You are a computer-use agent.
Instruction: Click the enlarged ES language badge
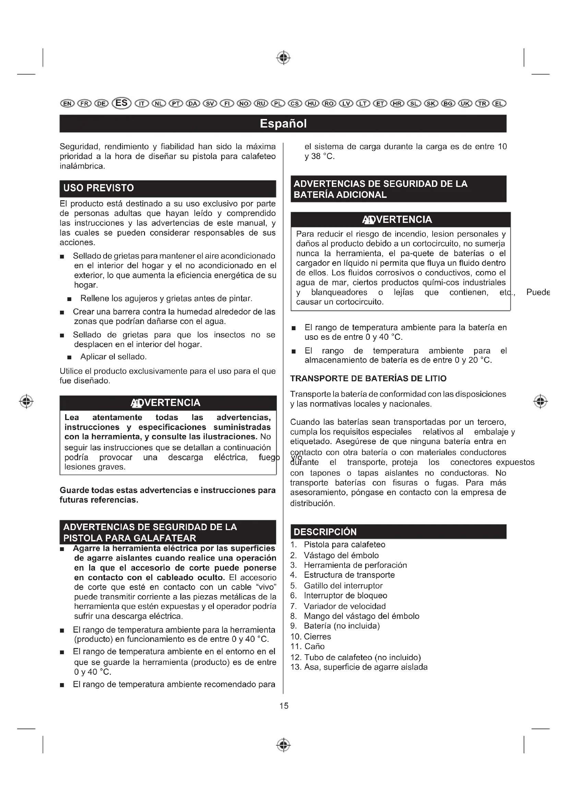pos(121,103)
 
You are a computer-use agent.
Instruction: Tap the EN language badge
pos(68,104)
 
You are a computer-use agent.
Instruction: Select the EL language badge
pos(499,104)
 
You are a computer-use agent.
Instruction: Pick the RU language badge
pos(261,104)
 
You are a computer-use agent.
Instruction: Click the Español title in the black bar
pos(283,124)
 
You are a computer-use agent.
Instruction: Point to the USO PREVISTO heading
pos(99,188)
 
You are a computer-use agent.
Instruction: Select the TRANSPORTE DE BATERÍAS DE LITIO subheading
pos(368,379)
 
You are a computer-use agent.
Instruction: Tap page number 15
pos(284,706)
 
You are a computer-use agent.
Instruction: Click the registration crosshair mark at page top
pos(283,58)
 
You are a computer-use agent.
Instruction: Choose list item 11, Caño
pos(314,647)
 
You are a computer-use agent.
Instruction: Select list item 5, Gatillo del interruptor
pos(343,586)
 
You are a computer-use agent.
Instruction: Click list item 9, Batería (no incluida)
pos(341,626)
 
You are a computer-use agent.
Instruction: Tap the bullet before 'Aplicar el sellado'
pos(70,357)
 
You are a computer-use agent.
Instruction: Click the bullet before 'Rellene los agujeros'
pos(70,299)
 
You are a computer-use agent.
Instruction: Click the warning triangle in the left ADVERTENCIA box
pos(136,404)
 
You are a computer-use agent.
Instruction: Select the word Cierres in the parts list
pos(317,636)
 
